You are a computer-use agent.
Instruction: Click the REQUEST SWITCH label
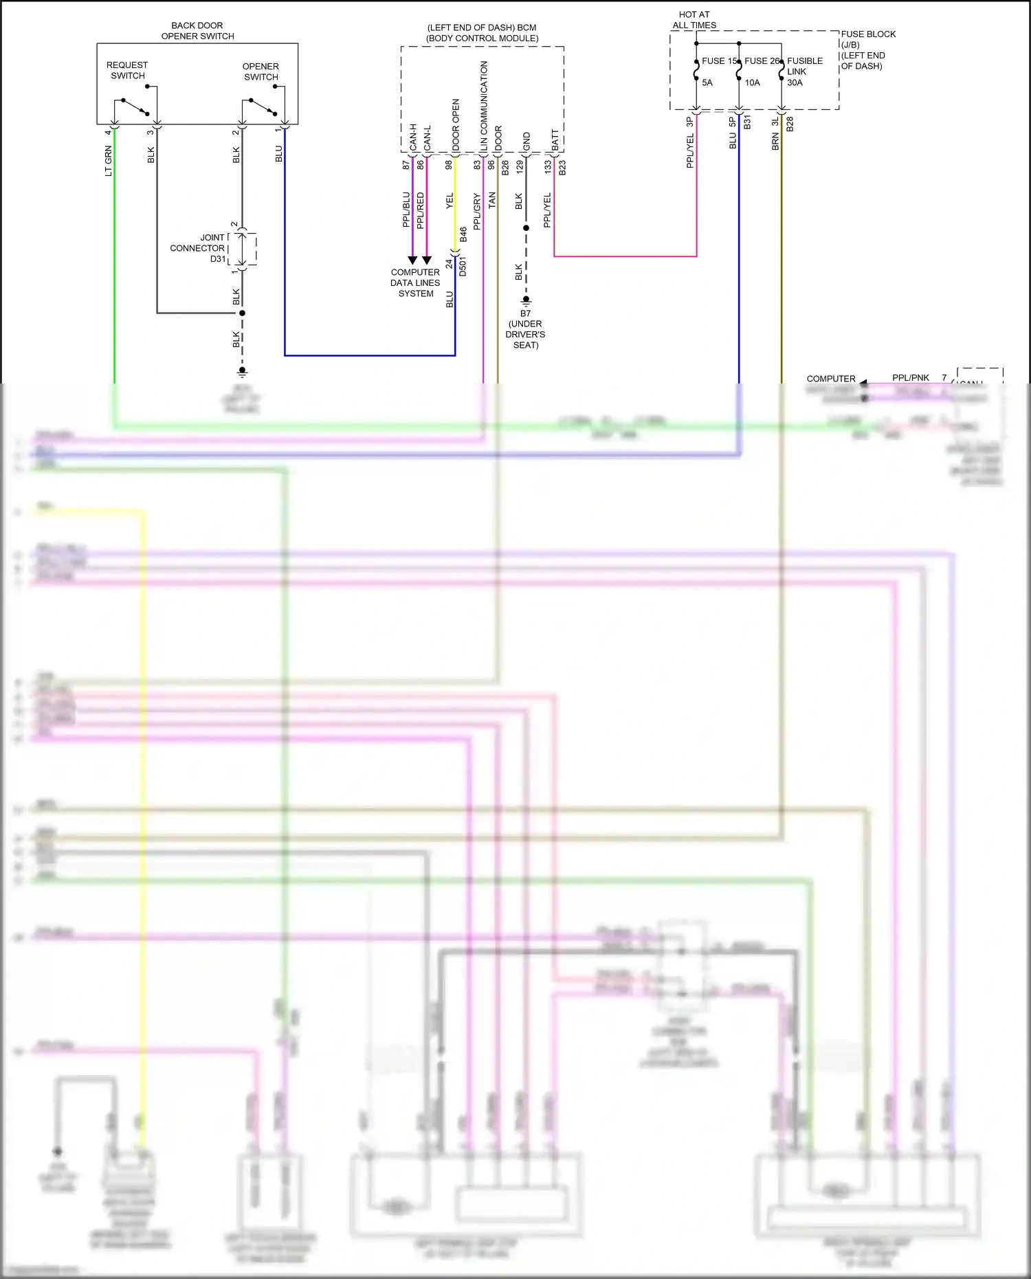coord(127,70)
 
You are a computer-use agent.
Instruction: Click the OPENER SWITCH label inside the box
coord(260,71)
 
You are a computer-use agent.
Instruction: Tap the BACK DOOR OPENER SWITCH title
coord(197,31)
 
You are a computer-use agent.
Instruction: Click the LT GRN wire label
coord(109,162)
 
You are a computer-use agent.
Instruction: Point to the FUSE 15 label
coord(719,61)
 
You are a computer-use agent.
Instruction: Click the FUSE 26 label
coord(762,61)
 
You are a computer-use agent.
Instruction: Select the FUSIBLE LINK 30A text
coord(803,71)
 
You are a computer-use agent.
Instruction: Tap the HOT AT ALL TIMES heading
coord(694,20)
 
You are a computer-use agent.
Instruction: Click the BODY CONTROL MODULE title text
coord(482,33)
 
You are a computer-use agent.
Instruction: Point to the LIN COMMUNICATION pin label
coord(484,106)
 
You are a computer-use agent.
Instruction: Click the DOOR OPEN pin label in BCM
coord(456,124)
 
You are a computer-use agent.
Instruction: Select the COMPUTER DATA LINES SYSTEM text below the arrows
coord(415,282)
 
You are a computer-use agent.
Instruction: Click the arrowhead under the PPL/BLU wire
coord(412,260)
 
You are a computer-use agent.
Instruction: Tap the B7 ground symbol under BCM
coord(526,301)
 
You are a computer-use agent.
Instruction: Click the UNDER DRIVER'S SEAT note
coord(525,334)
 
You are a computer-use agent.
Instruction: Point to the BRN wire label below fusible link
coord(775,142)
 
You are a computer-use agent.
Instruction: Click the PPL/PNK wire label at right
coord(910,377)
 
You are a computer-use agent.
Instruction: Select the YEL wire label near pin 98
coord(450,201)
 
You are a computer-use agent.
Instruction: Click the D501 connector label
coord(463,267)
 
